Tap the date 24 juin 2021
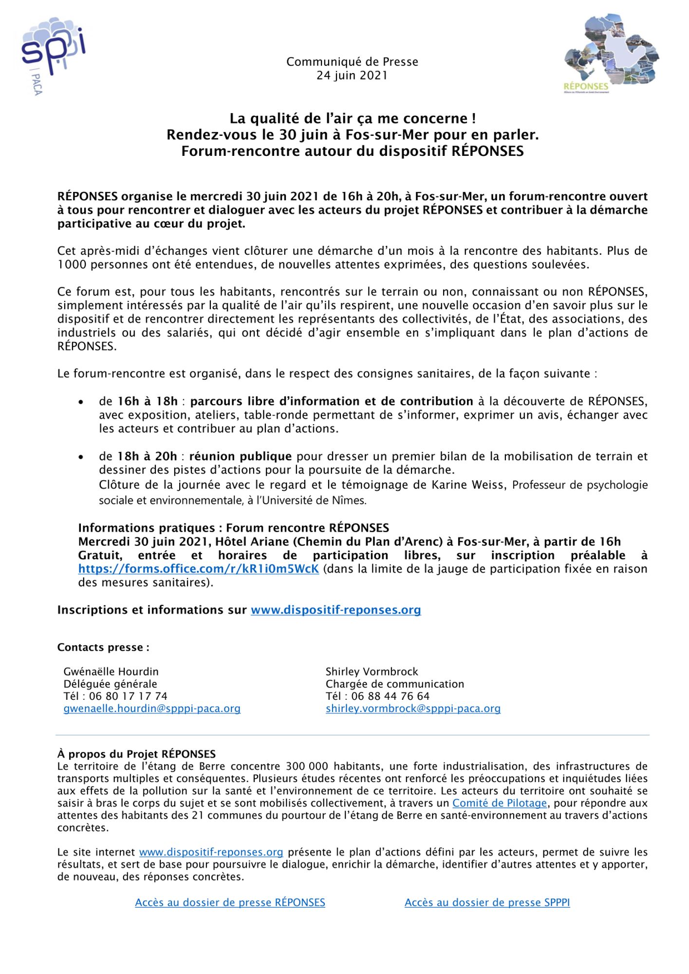click(x=352, y=75)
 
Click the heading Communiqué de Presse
click(x=352, y=62)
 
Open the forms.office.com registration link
click(x=199, y=569)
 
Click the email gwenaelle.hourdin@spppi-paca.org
click(x=152, y=709)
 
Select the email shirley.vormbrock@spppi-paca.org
click(x=413, y=709)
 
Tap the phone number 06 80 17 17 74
click(x=128, y=696)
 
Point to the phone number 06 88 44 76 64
click(x=391, y=696)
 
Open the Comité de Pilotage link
click(x=500, y=803)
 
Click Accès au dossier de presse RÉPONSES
click(x=230, y=902)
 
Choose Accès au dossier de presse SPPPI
click(x=487, y=902)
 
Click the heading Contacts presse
click(x=103, y=647)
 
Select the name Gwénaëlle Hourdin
click(x=111, y=672)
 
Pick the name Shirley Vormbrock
click(x=372, y=672)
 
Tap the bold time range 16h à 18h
click(x=148, y=401)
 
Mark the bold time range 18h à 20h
click(x=147, y=456)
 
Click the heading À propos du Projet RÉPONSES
click(x=136, y=754)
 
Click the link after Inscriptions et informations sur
click(x=336, y=610)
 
